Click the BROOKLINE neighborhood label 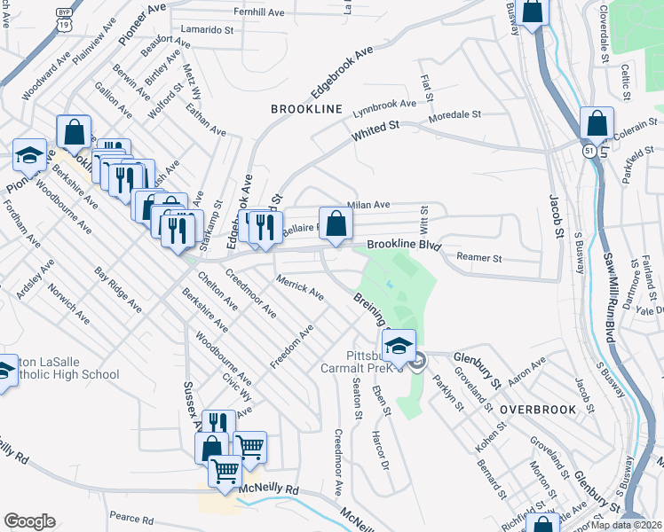(x=306, y=108)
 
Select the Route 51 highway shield (x=589, y=152)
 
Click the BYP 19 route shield (x=63, y=18)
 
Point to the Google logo (x=28, y=521)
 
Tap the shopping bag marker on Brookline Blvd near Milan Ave (x=335, y=223)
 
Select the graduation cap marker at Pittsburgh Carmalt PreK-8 (x=399, y=346)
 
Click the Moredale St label (x=454, y=115)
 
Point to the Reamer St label (x=479, y=258)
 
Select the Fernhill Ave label (x=258, y=12)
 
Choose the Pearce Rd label (x=131, y=519)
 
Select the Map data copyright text (x=627, y=525)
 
